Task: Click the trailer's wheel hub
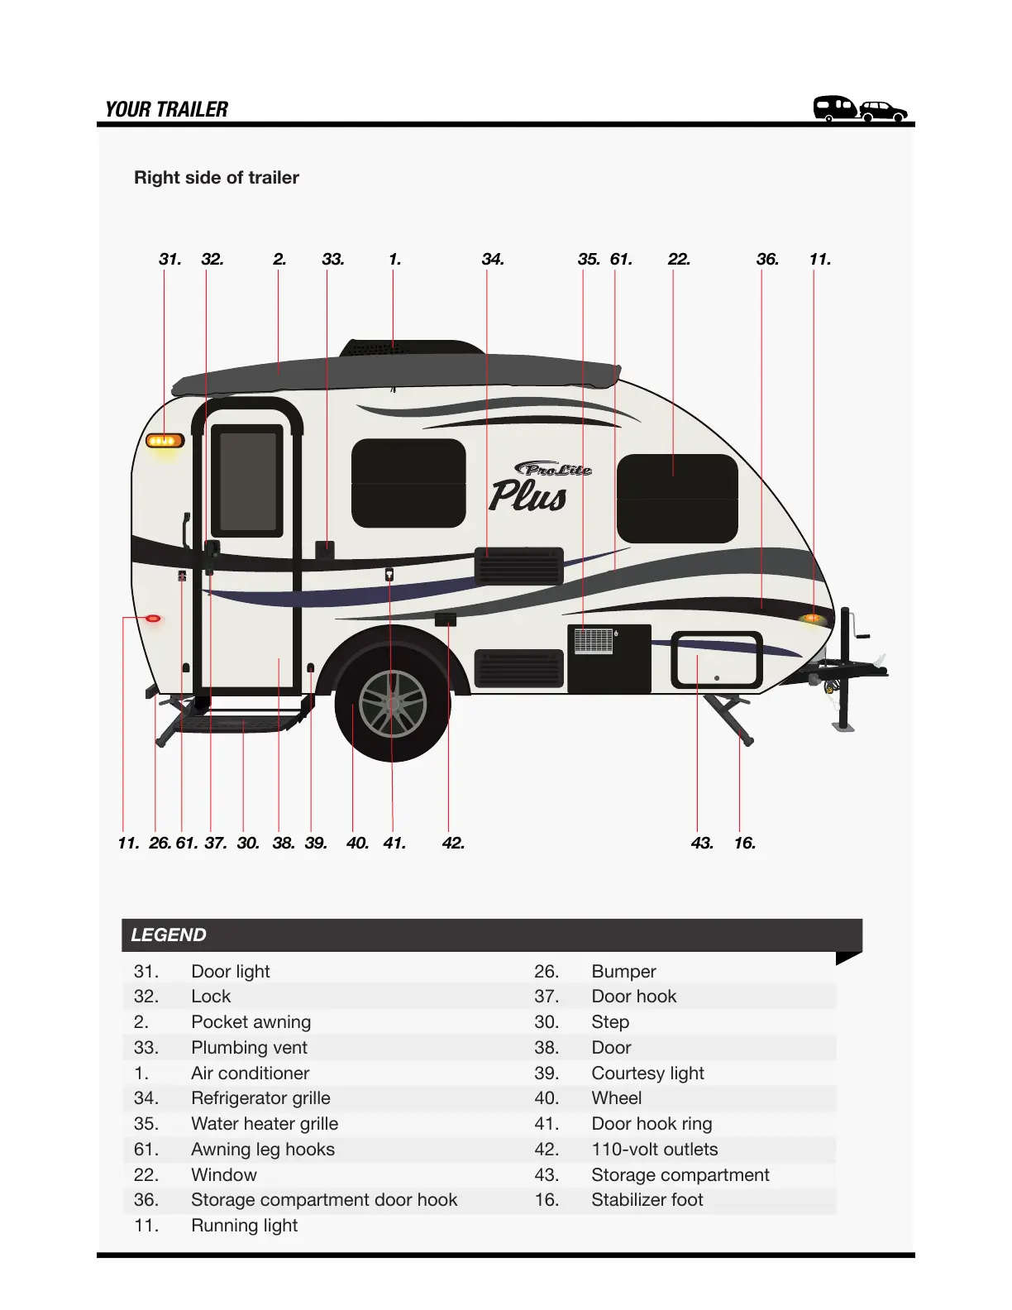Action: (x=393, y=705)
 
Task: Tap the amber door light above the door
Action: (x=165, y=440)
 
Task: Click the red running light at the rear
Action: (x=153, y=619)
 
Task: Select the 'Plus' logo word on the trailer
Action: (x=527, y=495)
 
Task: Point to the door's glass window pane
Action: (x=247, y=481)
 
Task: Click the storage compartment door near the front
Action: (x=716, y=659)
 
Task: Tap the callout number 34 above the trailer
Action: (x=492, y=259)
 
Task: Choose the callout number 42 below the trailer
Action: (x=453, y=843)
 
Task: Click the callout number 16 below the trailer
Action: (x=744, y=843)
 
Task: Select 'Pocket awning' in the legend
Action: (x=251, y=1022)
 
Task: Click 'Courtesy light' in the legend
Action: (x=647, y=1073)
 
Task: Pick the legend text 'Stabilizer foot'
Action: (x=647, y=1199)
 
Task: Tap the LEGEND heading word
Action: (x=169, y=935)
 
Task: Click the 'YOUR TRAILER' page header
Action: (x=166, y=109)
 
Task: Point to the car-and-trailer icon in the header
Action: (x=860, y=108)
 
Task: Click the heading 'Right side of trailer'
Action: (x=217, y=177)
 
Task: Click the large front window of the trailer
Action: (x=676, y=498)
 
